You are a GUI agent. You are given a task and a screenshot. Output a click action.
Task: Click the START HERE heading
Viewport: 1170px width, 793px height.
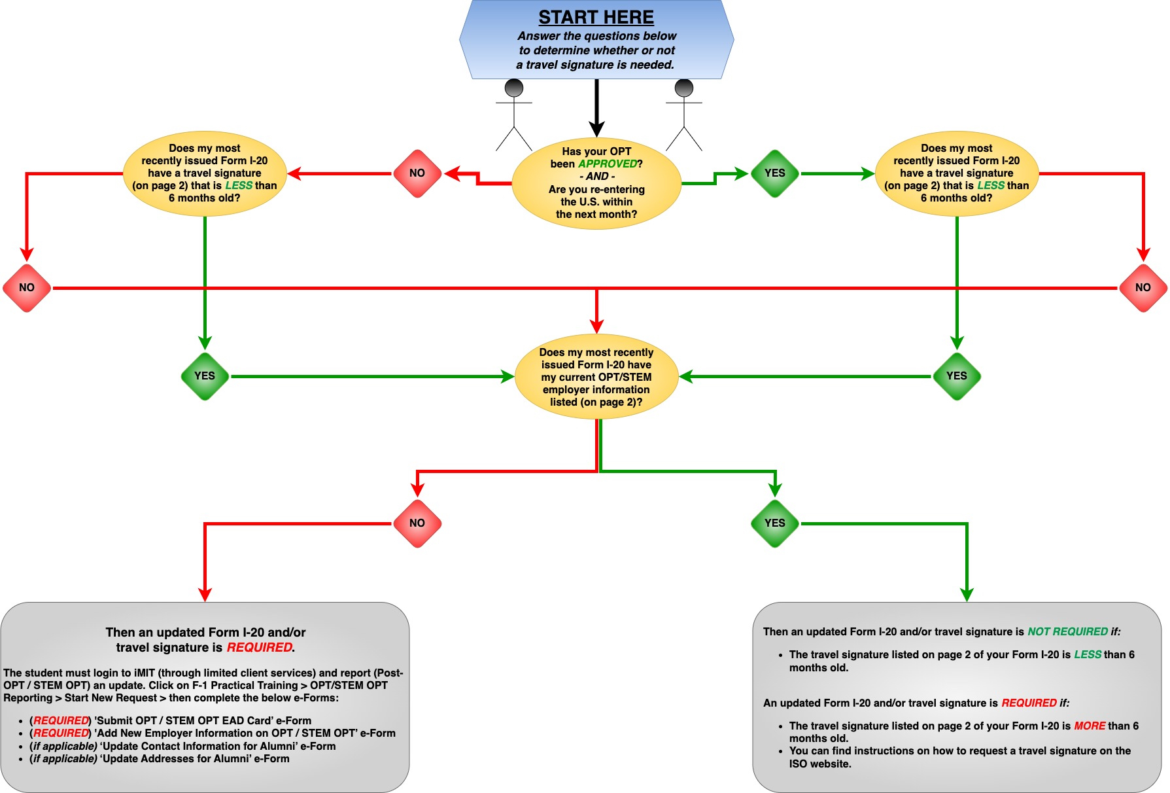pyautogui.click(x=596, y=17)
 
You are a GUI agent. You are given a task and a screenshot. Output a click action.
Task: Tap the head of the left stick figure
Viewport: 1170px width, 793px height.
pyautogui.click(x=514, y=88)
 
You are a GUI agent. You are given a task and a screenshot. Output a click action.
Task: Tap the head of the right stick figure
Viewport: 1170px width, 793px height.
pyautogui.click(x=684, y=88)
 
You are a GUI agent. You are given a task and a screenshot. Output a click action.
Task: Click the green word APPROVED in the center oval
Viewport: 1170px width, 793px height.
pyautogui.click(x=607, y=164)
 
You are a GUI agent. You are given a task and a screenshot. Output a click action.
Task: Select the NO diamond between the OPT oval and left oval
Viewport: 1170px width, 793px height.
pyautogui.click(x=417, y=173)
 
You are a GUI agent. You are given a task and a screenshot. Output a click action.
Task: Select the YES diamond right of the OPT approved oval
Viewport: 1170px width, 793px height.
pyautogui.click(x=774, y=173)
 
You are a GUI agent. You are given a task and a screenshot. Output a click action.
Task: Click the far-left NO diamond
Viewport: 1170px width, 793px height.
pyautogui.click(x=27, y=288)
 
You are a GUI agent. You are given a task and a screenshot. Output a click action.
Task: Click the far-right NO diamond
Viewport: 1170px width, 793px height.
pyautogui.click(x=1143, y=288)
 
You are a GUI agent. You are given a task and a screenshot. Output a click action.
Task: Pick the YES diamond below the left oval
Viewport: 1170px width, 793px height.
pyautogui.click(x=205, y=376)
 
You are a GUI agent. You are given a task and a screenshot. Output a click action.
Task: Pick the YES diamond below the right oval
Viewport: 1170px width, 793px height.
pyautogui.click(x=956, y=376)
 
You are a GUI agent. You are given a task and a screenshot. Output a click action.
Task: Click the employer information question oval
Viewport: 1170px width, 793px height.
pyautogui.click(x=596, y=377)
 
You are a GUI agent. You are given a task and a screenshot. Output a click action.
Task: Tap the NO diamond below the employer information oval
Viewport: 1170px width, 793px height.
pyautogui.click(x=417, y=523)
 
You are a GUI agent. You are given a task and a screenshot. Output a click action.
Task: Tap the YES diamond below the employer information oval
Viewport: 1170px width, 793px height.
pyautogui.click(x=774, y=523)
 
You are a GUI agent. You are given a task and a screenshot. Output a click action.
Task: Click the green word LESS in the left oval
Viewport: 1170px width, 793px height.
pyautogui.click(x=239, y=186)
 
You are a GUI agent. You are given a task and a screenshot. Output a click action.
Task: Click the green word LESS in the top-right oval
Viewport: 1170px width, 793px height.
pyautogui.click(x=990, y=186)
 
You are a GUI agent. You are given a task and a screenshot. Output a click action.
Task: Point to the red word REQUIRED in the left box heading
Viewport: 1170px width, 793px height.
pyautogui.click(x=259, y=648)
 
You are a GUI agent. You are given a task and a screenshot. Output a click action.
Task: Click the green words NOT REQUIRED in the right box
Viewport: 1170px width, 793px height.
pyautogui.click(x=1067, y=632)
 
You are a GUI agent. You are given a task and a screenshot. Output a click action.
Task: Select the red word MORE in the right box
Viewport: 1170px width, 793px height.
pyautogui.click(x=1089, y=726)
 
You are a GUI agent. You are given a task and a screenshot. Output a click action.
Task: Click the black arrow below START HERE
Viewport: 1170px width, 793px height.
pyautogui.click(x=596, y=108)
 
